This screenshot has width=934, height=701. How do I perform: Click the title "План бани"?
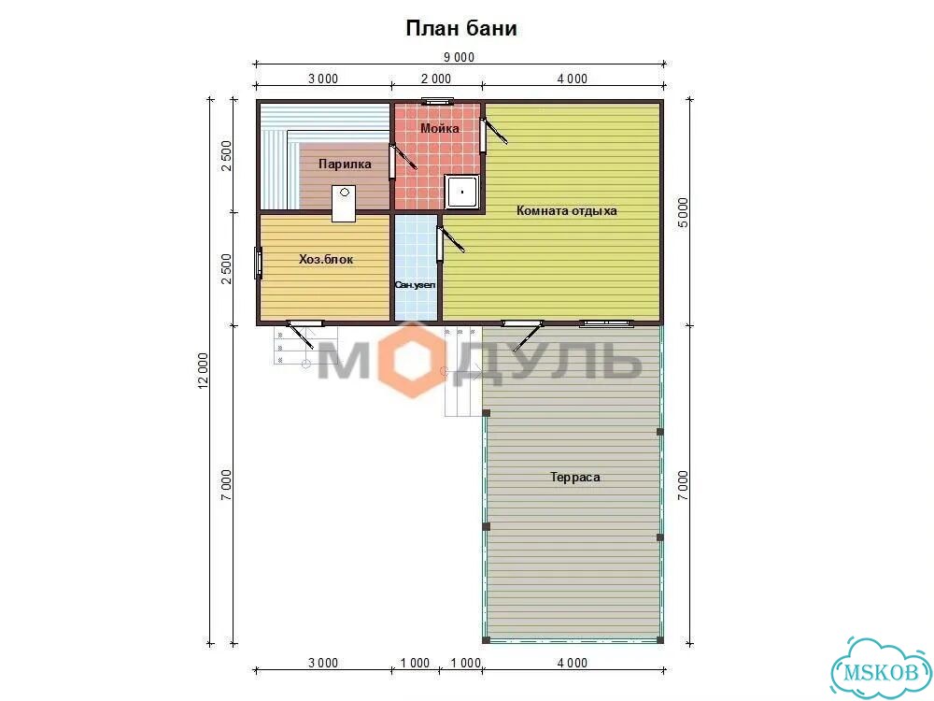click(x=461, y=29)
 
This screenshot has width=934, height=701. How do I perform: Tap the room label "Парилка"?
click(x=345, y=164)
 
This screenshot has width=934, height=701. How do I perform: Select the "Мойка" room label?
click(x=440, y=128)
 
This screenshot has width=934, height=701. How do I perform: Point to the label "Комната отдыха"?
click(x=567, y=210)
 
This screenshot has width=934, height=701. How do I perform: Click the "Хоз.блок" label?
click(x=326, y=259)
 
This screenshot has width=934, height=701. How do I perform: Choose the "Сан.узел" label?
click(x=416, y=285)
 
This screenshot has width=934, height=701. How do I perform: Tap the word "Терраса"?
click(x=574, y=477)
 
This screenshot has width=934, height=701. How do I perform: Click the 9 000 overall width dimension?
click(x=459, y=57)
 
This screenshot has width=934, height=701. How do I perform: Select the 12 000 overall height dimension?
click(x=203, y=371)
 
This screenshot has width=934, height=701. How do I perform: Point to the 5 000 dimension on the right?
click(x=683, y=212)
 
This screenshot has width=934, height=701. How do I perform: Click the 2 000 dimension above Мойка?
click(x=436, y=79)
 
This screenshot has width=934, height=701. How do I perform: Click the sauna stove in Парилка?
click(x=344, y=203)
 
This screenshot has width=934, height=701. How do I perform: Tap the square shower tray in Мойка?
click(x=462, y=192)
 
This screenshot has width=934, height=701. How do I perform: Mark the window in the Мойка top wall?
click(x=436, y=101)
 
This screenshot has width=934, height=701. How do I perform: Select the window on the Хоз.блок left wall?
click(x=259, y=263)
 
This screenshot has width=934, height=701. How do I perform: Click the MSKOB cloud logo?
click(x=883, y=668)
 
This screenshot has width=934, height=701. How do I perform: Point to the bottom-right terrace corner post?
click(x=660, y=640)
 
